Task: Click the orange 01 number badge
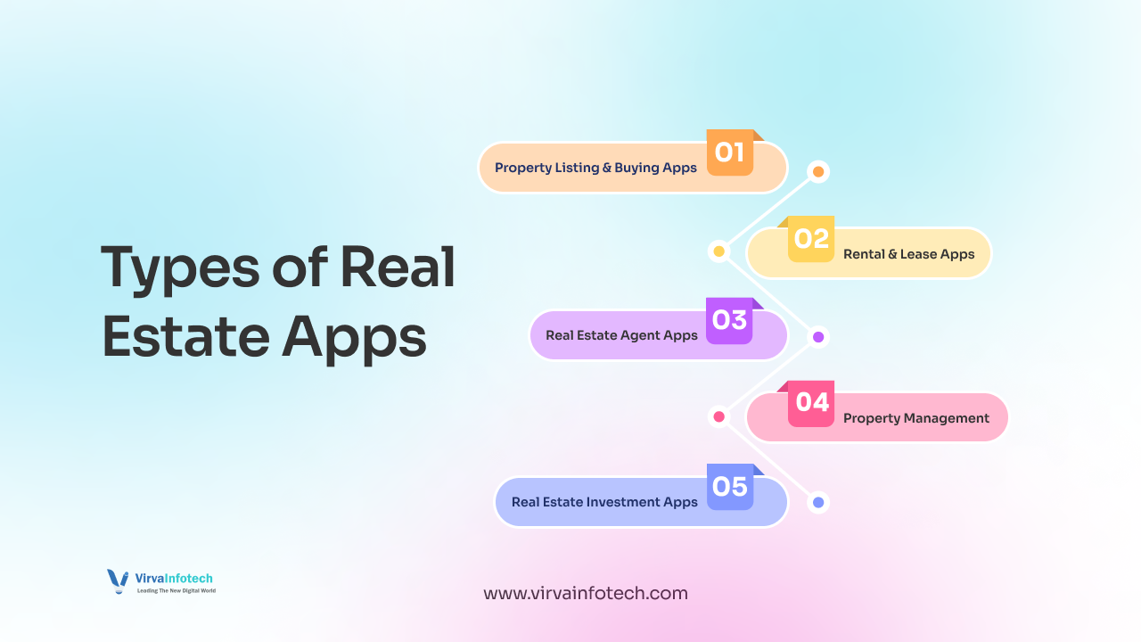point(730,152)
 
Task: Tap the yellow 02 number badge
point(811,239)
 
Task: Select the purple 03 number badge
point(729,320)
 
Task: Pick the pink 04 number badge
point(811,403)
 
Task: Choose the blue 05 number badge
point(730,487)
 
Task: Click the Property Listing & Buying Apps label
point(595,168)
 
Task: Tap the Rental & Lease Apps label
point(908,254)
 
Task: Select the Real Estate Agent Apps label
point(621,335)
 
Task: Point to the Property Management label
point(915,418)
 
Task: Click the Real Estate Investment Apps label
point(604,502)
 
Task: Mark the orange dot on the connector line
point(818,171)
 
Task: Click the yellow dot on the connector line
point(718,251)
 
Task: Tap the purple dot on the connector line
point(818,336)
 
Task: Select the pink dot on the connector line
point(718,416)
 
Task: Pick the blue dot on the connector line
point(818,502)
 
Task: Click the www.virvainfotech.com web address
point(585,593)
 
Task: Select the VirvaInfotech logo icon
point(118,581)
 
